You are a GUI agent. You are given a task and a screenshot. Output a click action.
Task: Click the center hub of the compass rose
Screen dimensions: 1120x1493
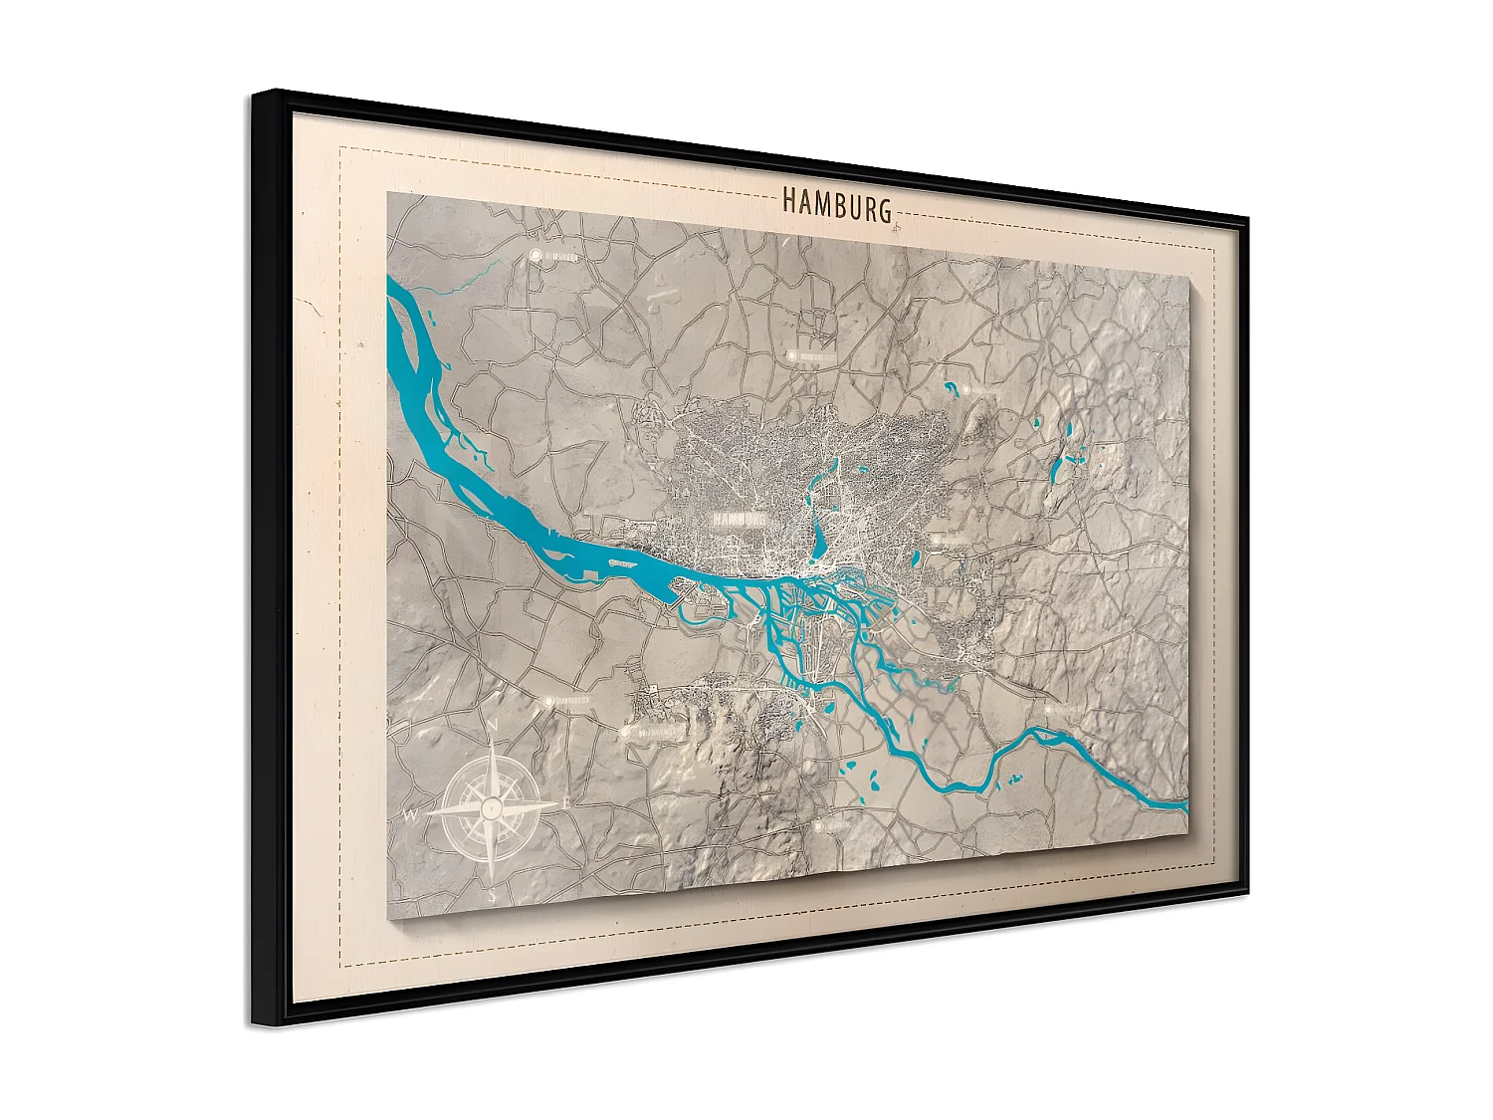tap(491, 808)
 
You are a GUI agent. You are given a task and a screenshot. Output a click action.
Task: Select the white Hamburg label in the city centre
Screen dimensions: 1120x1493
tap(739, 519)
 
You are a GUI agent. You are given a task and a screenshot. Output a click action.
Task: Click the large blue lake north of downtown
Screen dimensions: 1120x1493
tap(819, 539)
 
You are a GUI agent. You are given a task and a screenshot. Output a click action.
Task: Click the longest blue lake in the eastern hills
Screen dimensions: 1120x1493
tap(1056, 468)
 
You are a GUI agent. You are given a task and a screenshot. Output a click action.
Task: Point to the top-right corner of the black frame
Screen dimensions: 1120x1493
tap(1247, 218)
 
